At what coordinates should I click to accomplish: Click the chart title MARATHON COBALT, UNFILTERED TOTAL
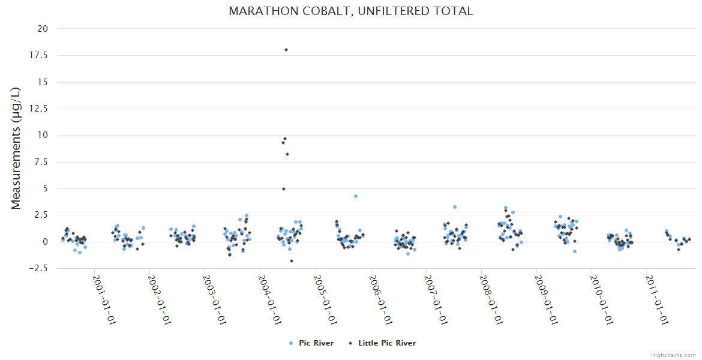point(351,11)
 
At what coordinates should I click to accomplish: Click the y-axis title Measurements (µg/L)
point(16,148)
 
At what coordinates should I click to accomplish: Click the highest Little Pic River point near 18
point(286,50)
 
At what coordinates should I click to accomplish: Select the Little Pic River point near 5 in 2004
point(284,189)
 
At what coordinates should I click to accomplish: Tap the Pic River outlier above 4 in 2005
point(356,196)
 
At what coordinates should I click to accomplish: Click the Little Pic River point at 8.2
point(287,154)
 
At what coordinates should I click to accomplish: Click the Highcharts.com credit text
point(673,355)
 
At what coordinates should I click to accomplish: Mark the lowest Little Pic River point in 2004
point(292,261)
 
